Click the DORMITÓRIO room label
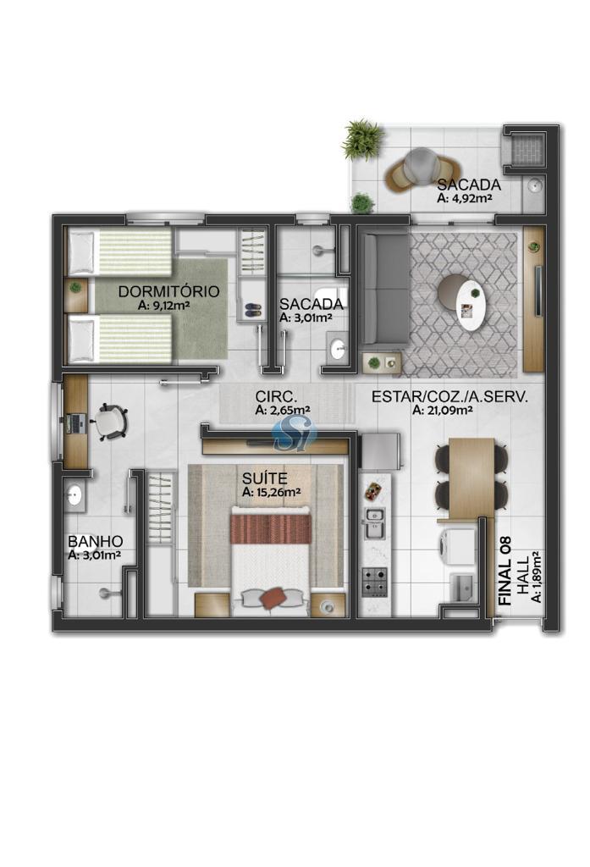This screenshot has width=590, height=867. (168, 291)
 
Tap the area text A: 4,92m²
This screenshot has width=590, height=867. (465, 198)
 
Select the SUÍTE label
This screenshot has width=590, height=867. (264, 478)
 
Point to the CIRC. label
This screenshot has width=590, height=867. (277, 396)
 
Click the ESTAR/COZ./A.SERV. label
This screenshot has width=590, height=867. (449, 396)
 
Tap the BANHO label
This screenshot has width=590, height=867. (95, 541)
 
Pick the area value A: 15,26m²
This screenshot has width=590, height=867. (271, 492)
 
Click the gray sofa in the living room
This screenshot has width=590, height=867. (385, 290)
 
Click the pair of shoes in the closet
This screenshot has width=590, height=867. (253, 310)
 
